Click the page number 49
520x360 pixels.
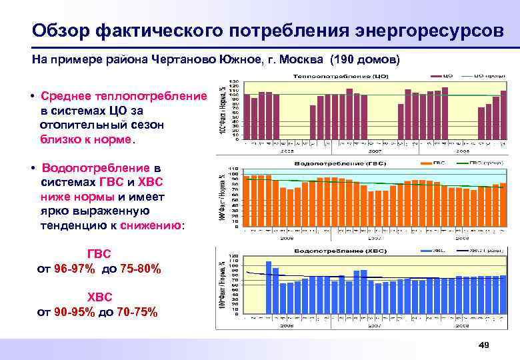(484, 344)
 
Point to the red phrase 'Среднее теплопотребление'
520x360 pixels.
(123, 96)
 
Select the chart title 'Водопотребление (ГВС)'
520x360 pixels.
(330, 162)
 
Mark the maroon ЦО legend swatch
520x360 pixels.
(439, 76)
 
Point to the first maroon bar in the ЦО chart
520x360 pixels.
(247, 117)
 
